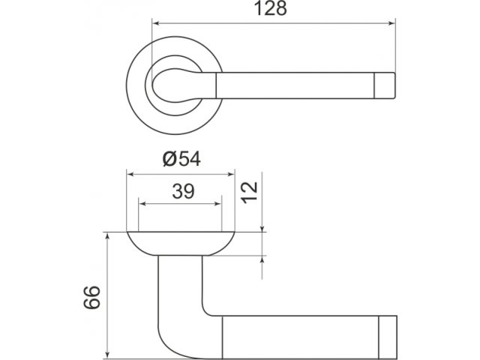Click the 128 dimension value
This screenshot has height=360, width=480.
(x=271, y=8)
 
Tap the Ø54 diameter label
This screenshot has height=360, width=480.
(x=181, y=159)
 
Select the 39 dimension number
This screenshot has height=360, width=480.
(x=183, y=191)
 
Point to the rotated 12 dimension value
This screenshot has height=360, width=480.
(x=250, y=192)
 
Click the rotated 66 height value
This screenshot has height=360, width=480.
(x=91, y=297)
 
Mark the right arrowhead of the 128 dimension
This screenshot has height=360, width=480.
(x=391, y=23)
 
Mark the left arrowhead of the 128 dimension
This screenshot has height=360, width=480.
(x=156, y=23)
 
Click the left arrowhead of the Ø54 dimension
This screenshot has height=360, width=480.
(x=130, y=175)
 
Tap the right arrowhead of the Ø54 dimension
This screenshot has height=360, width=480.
(x=230, y=175)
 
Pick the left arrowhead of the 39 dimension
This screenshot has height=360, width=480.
(x=142, y=204)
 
